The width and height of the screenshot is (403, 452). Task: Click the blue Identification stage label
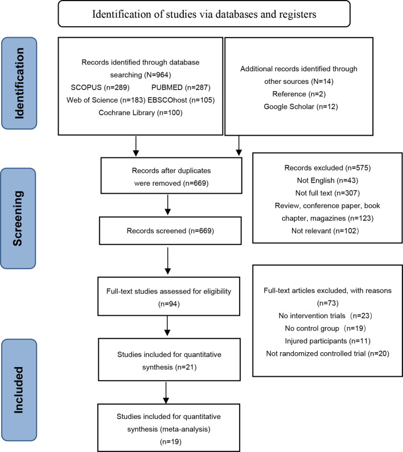[x=19, y=83]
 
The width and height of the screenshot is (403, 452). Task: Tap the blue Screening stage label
[x=18, y=218]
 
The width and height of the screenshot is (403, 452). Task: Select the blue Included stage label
[x=19, y=390]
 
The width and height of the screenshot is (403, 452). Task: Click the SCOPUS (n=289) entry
[x=100, y=87]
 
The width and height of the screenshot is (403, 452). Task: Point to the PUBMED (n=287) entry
[x=181, y=87]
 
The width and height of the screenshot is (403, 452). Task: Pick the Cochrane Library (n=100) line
[x=141, y=112]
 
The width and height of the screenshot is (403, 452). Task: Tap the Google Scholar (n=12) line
[x=301, y=107]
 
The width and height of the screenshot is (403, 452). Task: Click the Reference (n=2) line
[x=299, y=94]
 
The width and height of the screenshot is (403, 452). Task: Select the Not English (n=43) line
[x=328, y=181]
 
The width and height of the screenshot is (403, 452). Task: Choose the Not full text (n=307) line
[x=328, y=193]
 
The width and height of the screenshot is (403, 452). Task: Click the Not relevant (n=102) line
[x=325, y=231]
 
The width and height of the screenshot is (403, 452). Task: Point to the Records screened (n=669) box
[x=170, y=231]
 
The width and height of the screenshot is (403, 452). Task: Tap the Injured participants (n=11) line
[x=328, y=341]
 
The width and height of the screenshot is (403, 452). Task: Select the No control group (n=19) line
[x=325, y=328]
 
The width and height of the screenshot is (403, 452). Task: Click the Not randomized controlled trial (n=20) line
[x=328, y=353]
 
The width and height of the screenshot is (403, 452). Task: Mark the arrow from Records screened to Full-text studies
[x=168, y=260]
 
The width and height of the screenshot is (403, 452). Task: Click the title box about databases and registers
[x=204, y=14]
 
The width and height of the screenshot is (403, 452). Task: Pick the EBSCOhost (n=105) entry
[x=181, y=100]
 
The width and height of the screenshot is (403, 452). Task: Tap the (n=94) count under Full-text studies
[x=169, y=304]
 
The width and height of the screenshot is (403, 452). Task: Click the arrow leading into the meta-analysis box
[x=166, y=393]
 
